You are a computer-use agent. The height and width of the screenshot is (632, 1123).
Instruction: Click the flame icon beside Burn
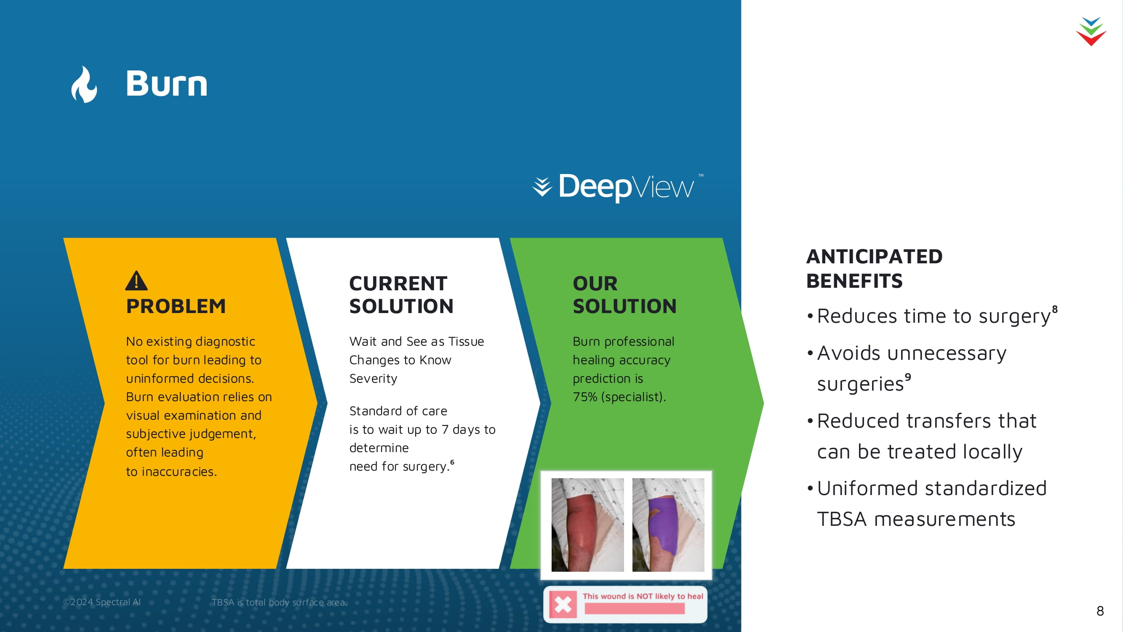click(x=84, y=84)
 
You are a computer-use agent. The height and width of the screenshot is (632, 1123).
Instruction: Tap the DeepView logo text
click(x=626, y=187)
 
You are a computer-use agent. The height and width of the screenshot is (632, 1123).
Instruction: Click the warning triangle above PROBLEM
click(x=136, y=281)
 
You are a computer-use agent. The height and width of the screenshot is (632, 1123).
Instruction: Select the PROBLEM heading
click(x=176, y=306)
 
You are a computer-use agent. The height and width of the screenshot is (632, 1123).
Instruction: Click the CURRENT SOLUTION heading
click(x=401, y=295)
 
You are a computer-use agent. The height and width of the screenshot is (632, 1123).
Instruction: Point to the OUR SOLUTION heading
click(x=624, y=295)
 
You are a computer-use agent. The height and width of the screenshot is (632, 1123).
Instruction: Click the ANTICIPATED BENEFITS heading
click(x=874, y=268)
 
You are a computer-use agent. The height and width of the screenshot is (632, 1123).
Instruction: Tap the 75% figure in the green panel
click(x=585, y=397)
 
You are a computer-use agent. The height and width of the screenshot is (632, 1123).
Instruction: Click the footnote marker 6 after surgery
click(x=452, y=462)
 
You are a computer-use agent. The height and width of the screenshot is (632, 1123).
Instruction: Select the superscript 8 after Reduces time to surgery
click(x=1054, y=309)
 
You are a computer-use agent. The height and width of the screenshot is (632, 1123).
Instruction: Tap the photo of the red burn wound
click(x=587, y=525)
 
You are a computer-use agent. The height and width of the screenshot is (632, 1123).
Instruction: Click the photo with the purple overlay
click(x=668, y=525)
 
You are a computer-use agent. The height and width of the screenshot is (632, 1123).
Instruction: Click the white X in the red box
click(x=563, y=605)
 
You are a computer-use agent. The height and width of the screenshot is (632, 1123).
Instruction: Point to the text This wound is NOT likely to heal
click(x=643, y=596)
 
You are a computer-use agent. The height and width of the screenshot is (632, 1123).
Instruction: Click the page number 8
click(x=1100, y=611)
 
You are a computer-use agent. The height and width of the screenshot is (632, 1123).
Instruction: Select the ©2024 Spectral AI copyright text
click(x=102, y=602)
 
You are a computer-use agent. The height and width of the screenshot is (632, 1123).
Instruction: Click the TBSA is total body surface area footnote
click(x=280, y=603)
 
